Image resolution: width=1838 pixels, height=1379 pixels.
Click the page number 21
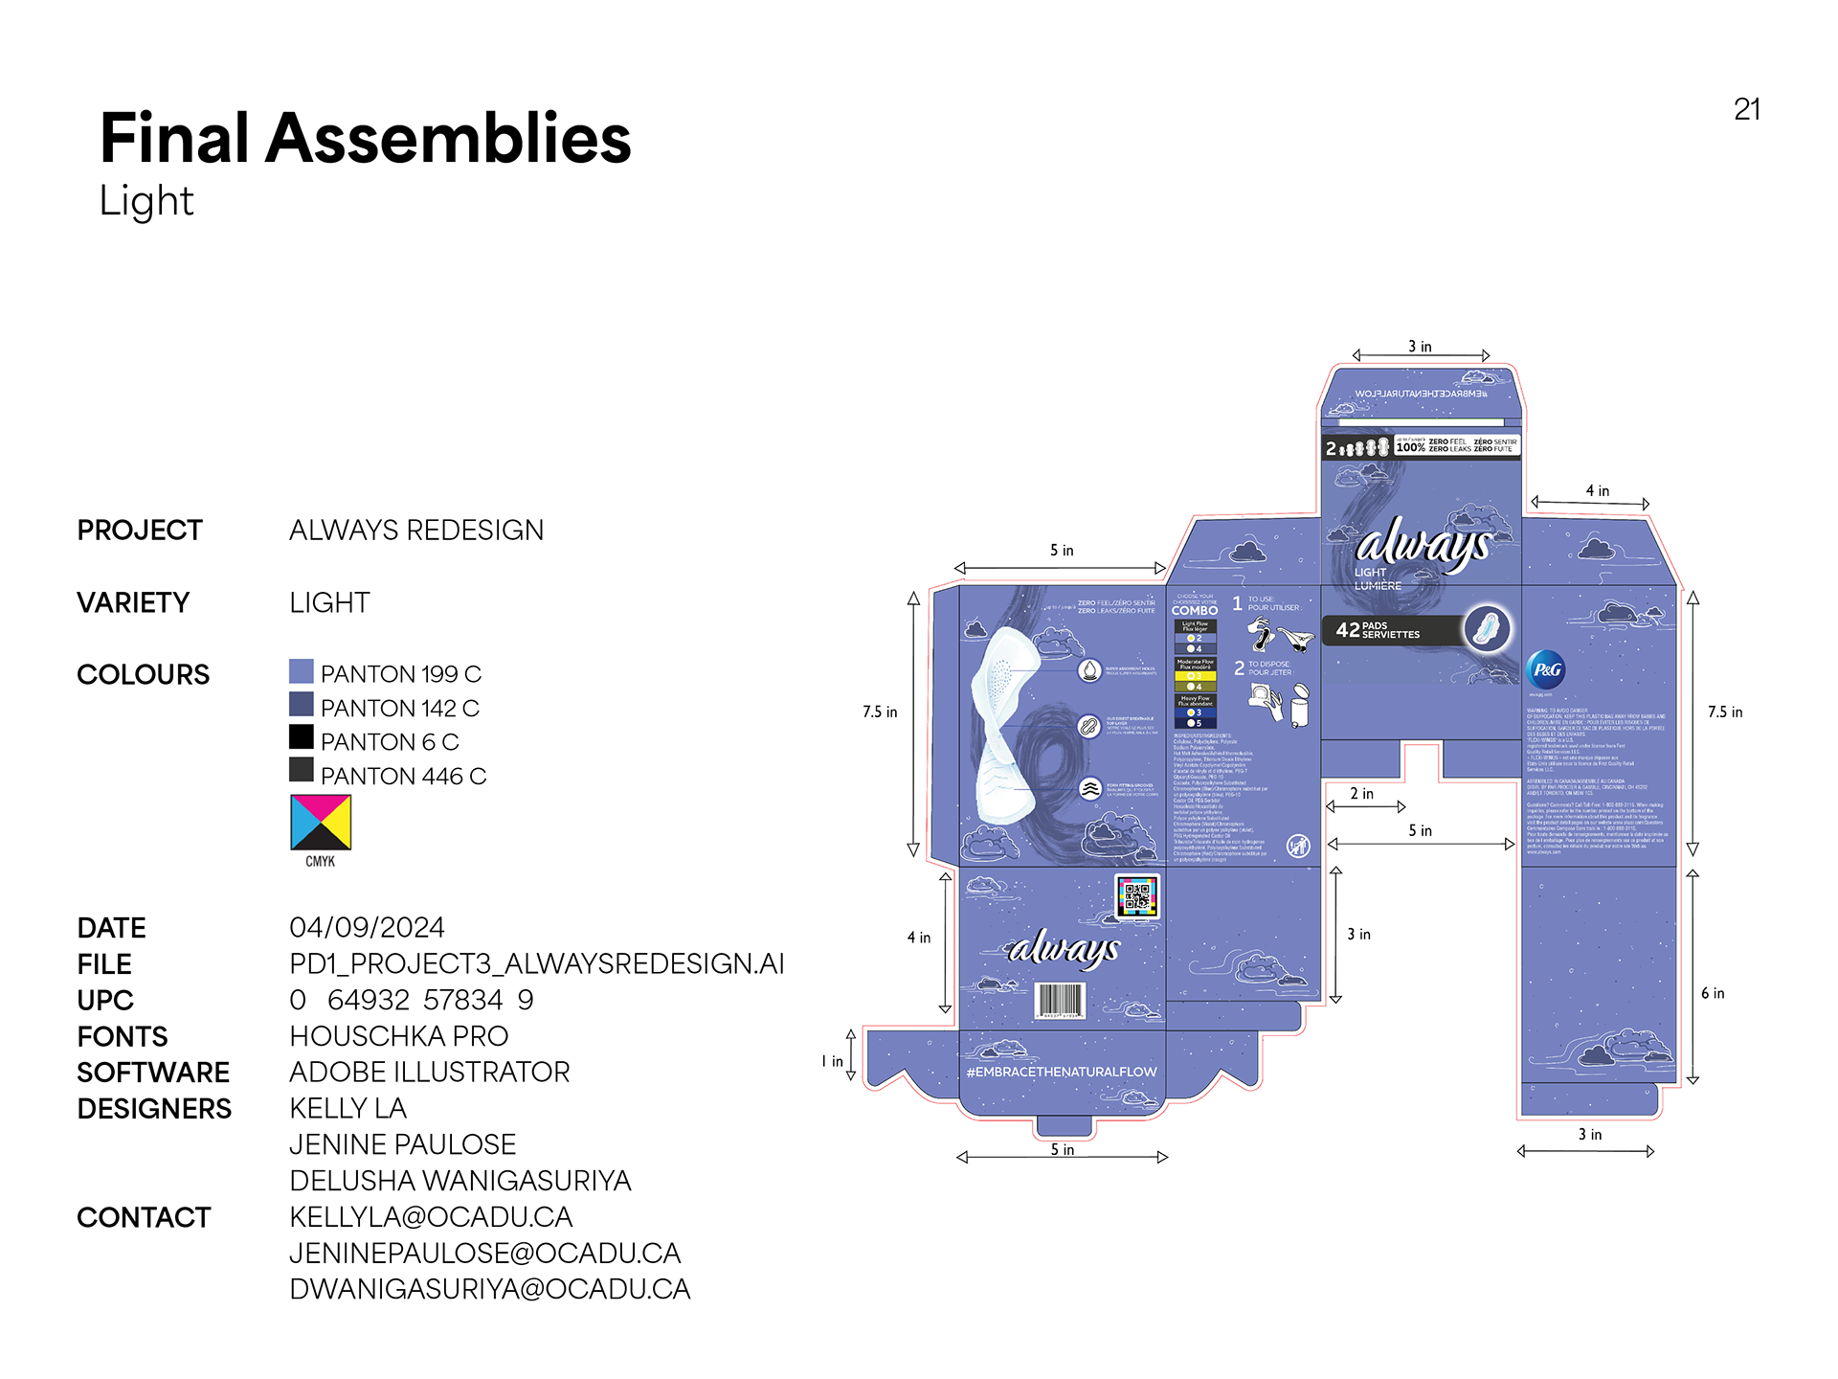(1746, 110)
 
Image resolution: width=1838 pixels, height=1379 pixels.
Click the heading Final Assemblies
(365, 139)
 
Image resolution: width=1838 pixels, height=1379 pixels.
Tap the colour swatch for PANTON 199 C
(302, 671)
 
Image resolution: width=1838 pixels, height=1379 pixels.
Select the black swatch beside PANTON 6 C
(302, 736)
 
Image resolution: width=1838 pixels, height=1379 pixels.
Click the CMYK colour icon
(321, 823)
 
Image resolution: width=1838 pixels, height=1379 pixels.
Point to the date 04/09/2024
(367, 927)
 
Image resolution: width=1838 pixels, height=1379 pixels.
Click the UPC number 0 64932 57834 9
(411, 1000)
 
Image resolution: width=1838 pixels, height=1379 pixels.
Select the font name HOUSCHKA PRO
(398, 1036)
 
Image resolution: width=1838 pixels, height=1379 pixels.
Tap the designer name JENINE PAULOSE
(402, 1144)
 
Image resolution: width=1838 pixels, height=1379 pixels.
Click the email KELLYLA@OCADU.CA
(431, 1217)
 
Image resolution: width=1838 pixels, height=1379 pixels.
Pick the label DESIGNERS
(154, 1109)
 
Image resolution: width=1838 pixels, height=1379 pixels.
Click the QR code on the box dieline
(1137, 896)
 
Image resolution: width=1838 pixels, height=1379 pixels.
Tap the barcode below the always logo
(1059, 1001)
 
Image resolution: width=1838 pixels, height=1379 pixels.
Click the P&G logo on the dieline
(1546, 669)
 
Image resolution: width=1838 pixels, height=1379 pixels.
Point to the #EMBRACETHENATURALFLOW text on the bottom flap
(1062, 1072)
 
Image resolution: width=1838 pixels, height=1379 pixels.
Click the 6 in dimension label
(1713, 994)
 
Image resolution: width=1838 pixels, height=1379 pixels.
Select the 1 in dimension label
(832, 1061)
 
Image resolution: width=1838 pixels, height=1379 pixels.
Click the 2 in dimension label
(1361, 794)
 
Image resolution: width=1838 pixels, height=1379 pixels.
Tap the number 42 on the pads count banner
(1348, 630)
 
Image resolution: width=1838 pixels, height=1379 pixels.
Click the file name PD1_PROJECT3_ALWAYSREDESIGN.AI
(536, 963)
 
